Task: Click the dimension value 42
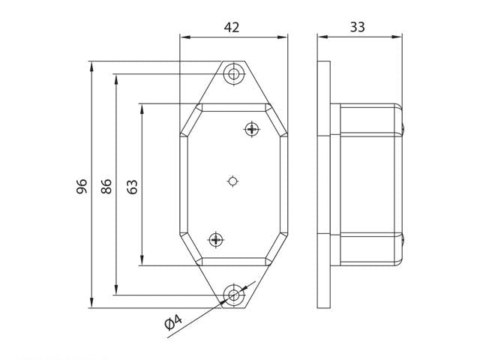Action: click(232, 28)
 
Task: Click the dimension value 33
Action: click(357, 27)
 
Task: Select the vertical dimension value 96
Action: click(82, 186)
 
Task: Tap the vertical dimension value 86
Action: click(106, 186)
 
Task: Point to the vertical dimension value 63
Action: click(132, 187)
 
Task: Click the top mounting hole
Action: click(234, 74)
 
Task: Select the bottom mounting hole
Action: click(234, 295)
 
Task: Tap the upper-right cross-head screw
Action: click(252, 129)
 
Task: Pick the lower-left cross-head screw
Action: click(216, 239)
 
